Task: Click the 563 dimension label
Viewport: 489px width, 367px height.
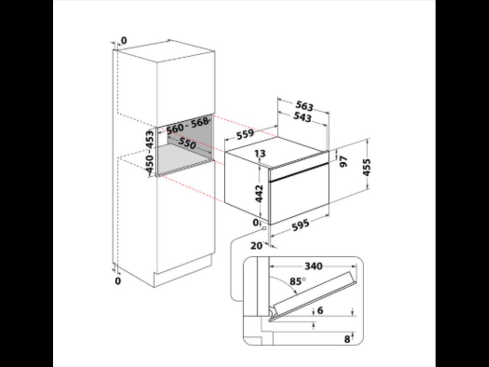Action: pyautogui.click(x=304, y=106)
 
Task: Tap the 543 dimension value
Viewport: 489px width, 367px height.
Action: pyautogui.click(x=302, y=117)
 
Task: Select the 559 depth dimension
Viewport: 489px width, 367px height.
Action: pyautogui.click(x=245, y=135)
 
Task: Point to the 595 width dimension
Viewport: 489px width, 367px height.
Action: pyautogui.click(x=301, y=225)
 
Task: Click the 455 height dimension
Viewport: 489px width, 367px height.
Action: pyautogui.click(x=367, y=168)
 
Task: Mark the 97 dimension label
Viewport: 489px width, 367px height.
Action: pyautogui.click(x=343, y=161)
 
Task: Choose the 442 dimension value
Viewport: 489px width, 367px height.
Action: pyautogui.click(x=259, y=194)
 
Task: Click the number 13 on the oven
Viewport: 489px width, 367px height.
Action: pyautogui.click(x=260, y=153)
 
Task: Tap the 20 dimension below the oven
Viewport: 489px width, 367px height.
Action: pyautogui.click(x=256, y=246)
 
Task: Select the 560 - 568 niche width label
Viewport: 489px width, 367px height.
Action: pyautogui.click(x=187, y=125)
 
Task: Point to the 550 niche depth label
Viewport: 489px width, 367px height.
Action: pyautogui.click(x=187, y=143)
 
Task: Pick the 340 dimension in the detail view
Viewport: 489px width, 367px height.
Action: pyautogui.click(x=313, y=266)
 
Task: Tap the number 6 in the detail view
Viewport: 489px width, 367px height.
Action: pyautogui.click(x=320, y=311)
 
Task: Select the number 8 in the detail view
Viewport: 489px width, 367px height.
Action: pyautogui.click(x=347, y=339)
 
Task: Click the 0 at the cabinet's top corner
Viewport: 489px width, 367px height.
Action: pyautogui.click(x=124, y=41)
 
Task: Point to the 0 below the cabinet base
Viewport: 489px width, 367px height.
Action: pyautogui.click(x=118, y=281)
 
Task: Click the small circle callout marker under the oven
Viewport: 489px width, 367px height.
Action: pyautogui.click(x=265, y=229)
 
